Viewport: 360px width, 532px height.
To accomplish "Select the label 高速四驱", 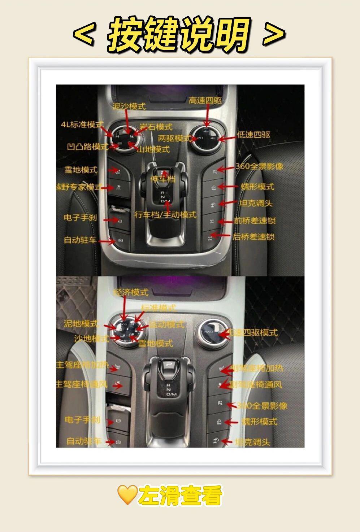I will click(x=205, y=101).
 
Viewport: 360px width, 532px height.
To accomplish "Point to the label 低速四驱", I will click(x=253, y=135).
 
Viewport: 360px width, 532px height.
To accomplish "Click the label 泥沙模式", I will click(x=129, y=106).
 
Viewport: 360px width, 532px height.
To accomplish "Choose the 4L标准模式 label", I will click(x=82, y=125).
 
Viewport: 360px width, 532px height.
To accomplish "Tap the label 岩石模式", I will click(x=156, y=127).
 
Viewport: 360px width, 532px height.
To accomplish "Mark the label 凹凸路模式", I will click(x=87, y=147).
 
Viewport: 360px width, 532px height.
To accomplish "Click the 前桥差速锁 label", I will click(x=255, y=221).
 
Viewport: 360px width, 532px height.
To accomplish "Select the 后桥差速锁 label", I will click(x=253, y=237).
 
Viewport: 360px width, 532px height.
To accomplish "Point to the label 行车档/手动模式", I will click(x=165, y=215).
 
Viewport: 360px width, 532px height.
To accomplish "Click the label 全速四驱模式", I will click(x=253, y=332).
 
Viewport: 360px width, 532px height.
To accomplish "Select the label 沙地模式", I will click(x=91, y=339).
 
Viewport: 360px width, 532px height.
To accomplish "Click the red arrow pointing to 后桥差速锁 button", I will click(x=221, y=236).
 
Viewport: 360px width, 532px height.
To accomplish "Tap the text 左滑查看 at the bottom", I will click(x=180, y=495).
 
